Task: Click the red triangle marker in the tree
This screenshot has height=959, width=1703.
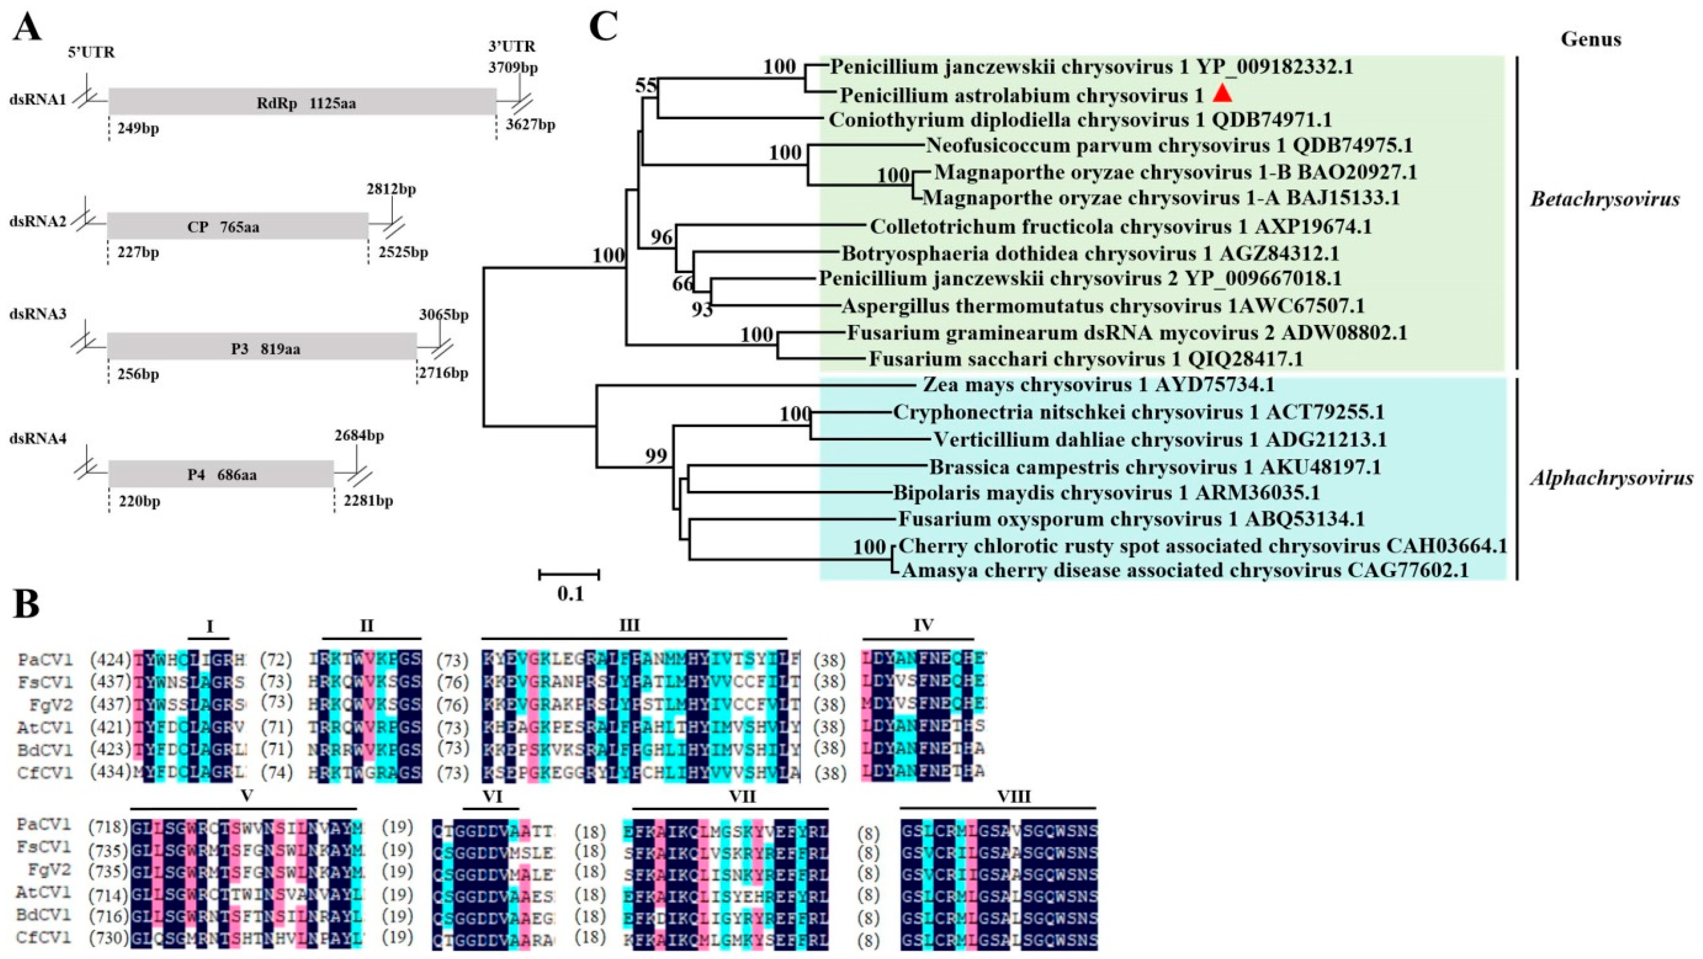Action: [1222, 94]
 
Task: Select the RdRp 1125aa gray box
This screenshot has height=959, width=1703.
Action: [302, 102]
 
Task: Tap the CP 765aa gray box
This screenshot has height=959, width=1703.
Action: [237, 226]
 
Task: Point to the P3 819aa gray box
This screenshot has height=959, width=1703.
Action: [262, 347]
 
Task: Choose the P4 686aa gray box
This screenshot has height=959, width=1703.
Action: [221, 474]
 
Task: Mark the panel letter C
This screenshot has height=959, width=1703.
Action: [602, 28]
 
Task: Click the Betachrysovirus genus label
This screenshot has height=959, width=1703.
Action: [1605, 199]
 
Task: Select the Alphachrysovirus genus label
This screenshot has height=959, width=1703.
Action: [1611, 478]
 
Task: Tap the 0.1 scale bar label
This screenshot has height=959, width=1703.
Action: [570, 594]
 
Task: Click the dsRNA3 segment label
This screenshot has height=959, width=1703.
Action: [37, 314]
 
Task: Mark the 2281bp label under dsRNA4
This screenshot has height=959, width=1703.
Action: [368, 500]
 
